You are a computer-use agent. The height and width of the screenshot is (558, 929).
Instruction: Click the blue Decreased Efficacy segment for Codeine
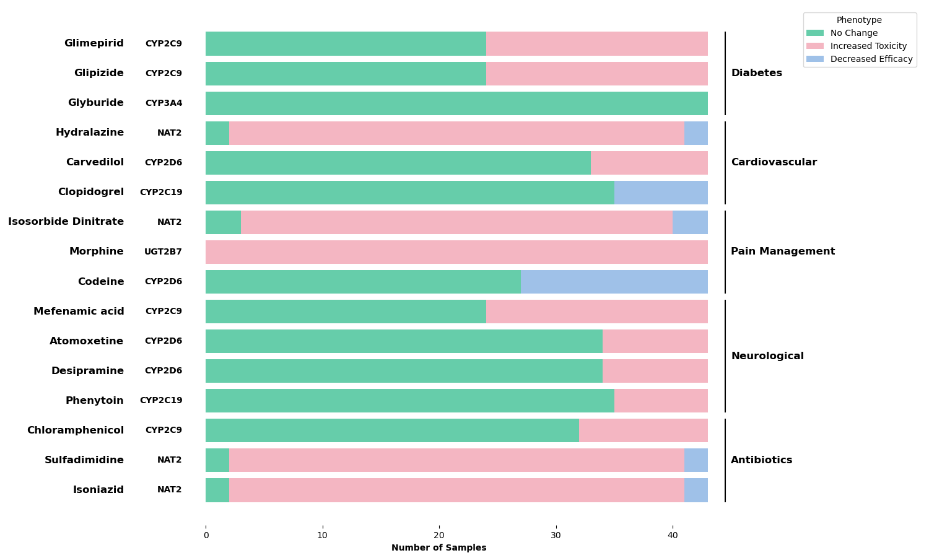pyautogui.click(x=614, y=282)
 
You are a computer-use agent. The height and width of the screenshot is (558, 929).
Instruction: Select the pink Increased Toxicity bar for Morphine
pyautogui.click(x=456, y=252)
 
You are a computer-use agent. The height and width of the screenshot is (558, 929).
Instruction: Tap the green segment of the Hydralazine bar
pyautogui.click(x=217, y=133)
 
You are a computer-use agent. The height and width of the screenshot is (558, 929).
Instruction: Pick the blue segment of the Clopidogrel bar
pyautogui.click(x=661, y=193)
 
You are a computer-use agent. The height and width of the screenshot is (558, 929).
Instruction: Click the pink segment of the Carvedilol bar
pyautogui.click(x=649, y=163)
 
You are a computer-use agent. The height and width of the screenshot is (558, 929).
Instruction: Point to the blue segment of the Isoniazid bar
pyautogui.click(x=696, y=490)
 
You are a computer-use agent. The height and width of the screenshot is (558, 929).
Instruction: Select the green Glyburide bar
pyautogui.click(x=456, y=103)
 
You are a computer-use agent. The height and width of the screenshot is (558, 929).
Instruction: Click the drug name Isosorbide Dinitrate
pyautogui.click(x=66, y=222)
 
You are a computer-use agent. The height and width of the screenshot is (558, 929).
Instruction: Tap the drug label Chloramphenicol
pyautogui.click(x=75, y=430)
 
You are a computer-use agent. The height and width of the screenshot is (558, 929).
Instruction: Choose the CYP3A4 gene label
pyautogui.click(x=164, y=103)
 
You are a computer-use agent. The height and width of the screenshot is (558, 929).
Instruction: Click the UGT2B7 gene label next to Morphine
pyautogui.click(x=163, y=252)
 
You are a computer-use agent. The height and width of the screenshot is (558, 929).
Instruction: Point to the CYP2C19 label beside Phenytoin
pyautogui.click(x=161, y=401)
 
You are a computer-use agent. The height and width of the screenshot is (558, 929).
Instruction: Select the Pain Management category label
pyautogui.click(x=783, y=251)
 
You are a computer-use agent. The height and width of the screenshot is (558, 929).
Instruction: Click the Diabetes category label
pyautogui.click(x=756, y=73)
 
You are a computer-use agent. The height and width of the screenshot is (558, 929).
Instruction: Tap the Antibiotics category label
pyautogui.click(x=761, y=460)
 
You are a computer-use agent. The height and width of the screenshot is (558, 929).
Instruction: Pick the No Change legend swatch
pyautogui.click(x=815, y=33)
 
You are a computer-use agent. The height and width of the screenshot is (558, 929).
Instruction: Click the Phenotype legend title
pyautogui.click(x=859, y=20)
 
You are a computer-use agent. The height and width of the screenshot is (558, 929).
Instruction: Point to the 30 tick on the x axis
pyautogui.click(x=556, y=535)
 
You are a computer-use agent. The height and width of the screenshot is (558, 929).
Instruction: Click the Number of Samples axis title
pyautogui.click(x=438, y=548)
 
